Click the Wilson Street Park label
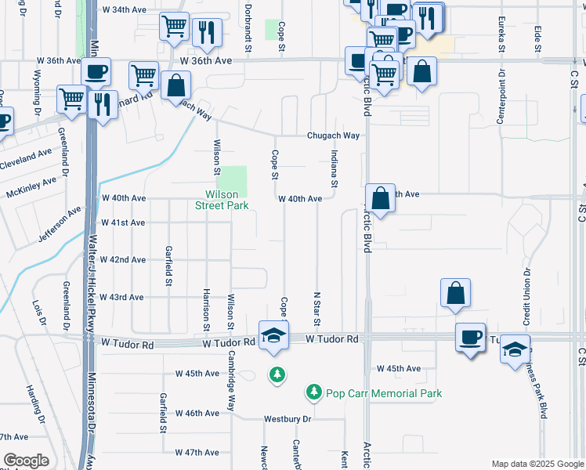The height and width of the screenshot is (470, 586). pyautogui.click(x=227, y=200)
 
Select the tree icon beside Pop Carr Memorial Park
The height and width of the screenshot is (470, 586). pyautogui.click(x=313, y=390)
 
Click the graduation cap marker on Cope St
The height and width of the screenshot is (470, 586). pyautogui.click(x=273, y=334)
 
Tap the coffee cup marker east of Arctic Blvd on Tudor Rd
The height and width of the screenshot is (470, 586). pyautogui.click(x=470, y=337)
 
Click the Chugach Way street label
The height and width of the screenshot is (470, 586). pyautogui.click(x=333, y=136)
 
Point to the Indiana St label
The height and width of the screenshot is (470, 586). pyautogui.click(x=334, y=169)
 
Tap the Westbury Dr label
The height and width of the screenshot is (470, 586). pyautogui.click(x=288, y=419)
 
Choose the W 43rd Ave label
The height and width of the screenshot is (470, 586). pyautogui.click(x=120, y=298)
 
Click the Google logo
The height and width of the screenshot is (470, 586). pyautogui.click(x=26, y=461)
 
